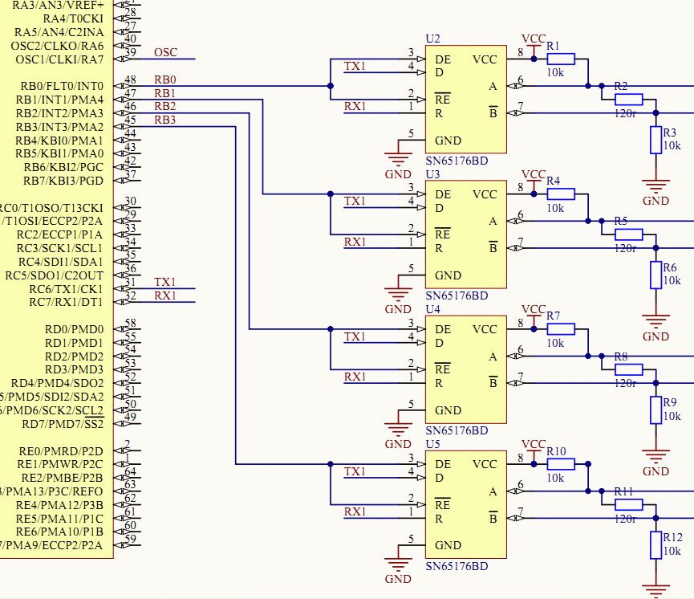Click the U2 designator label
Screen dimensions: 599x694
[433, 39]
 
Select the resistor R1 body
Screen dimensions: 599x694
[561, 59]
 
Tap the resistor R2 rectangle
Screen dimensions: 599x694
[628, 99]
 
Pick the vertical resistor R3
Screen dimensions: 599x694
[656, 140]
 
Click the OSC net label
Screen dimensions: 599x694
[165, 53]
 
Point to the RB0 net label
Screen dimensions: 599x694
[165, 79]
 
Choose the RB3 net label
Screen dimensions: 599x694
[165, 120]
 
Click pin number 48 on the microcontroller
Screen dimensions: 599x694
[130, 79]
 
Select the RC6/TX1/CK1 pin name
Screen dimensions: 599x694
[67, 289]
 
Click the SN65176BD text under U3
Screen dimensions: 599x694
[457, 295]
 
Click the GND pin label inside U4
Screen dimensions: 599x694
[448, 410]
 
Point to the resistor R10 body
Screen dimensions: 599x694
[561, 464]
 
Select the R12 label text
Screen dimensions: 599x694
[672, 537]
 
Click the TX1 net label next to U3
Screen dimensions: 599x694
[355, 201]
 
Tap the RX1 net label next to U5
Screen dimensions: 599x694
[355, 511]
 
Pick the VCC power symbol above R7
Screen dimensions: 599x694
[534, 309]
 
